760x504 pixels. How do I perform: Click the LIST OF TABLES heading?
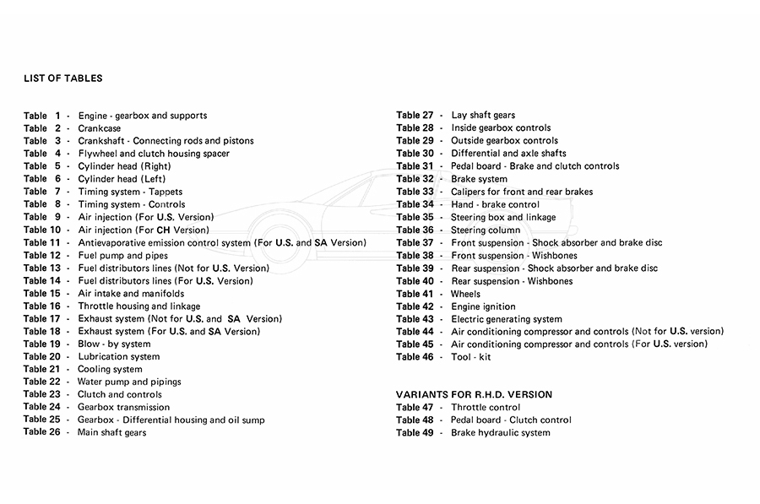point(63,79)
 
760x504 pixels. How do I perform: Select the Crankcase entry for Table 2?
point(100,128)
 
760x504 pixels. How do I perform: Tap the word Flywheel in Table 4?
point(97,154)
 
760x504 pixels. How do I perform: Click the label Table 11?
point(41,242)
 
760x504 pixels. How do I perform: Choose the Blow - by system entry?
point(114,344)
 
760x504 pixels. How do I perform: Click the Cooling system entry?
point(110,369)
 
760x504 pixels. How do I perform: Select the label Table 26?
point(41,432)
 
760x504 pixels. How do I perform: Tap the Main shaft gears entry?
point(111,432)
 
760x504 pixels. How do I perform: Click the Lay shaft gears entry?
point(483,115)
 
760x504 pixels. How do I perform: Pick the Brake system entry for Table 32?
point(479,179)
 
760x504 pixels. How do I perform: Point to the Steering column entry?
point(486,230)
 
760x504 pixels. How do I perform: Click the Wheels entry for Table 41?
point(465,294)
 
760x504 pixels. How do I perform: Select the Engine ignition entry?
point(483,306)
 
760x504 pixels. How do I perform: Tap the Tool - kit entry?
point(470,357)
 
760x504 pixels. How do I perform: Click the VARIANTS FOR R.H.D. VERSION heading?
point(474,394)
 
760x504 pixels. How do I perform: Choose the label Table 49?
point(415,433)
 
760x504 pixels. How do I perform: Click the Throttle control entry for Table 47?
point(486,407)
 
